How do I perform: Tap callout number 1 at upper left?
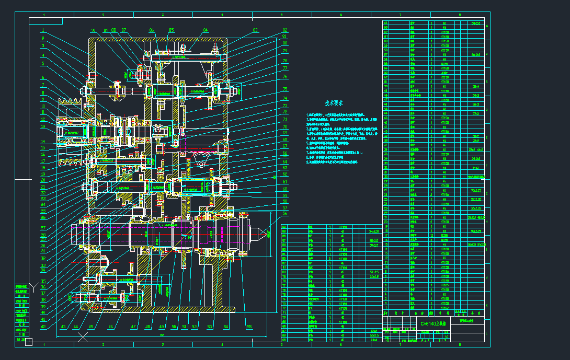(x=43, y=30)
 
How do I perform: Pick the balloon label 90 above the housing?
(x=94, y=30)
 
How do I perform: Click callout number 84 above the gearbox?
(x=205, y=30)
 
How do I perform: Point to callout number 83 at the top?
(x=255, y=30)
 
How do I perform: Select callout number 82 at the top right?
(x=285, y=30)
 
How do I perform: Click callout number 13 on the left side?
(x=43, y=126)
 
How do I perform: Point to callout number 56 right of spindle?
(x=285, y=213)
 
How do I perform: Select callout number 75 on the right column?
(x=285, y=90)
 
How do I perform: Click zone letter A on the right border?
(x=487, y=26)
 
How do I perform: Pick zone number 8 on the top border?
(x=460, y=15)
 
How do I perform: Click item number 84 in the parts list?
(x=386, y=23)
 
